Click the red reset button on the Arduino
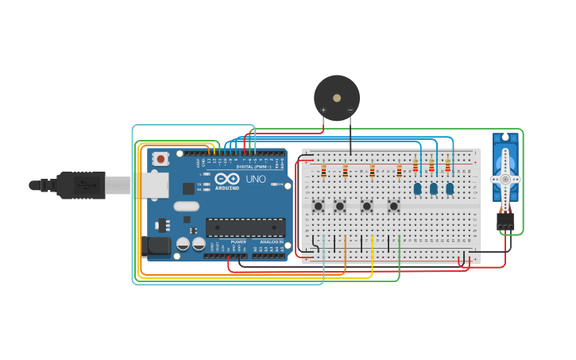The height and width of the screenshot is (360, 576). click(x=161, y=159)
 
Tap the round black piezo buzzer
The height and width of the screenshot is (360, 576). click(x=337, y=98)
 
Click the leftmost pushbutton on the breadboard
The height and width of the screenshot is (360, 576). click(x=318, y=206)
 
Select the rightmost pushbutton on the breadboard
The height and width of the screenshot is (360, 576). click(x=393, y=206)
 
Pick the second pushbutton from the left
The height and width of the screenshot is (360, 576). click(x=340, y=206)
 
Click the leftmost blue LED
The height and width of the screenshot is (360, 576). click(x=417, y=188)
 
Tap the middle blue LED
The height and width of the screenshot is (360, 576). click(x=434, y=188)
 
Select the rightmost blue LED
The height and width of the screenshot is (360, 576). click(x=450, y=188)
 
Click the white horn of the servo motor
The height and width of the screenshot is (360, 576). click(x=505, y=180)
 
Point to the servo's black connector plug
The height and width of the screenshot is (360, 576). click(x=505, y=221)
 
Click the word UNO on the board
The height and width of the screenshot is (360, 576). click(x=256, y=180)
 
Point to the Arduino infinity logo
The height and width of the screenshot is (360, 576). click(x=226, y=180)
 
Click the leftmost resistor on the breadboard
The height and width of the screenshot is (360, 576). click(x=323, y=171)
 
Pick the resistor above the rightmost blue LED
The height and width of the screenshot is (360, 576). click(x=448, y=166)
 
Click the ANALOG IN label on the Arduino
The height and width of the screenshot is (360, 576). click(x=271, y=242)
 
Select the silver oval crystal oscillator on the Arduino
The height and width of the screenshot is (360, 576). click(x=187, y=207)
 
